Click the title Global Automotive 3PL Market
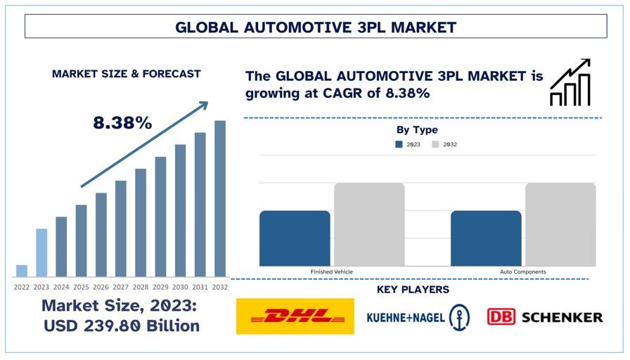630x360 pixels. click(316, 27)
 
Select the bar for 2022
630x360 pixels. click(22, 271)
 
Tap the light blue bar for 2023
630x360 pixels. click(41, 252)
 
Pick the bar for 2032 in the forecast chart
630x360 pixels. click(220, 198)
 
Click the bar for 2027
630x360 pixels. click(121, 229)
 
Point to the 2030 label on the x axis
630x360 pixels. click(181, 287)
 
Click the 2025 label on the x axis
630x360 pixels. click(82, 287)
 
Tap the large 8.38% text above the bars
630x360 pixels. click(122, 123)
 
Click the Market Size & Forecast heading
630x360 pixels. click(127, 74)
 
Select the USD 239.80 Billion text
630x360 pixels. click(120, 326)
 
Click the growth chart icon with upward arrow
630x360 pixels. click(570, 83)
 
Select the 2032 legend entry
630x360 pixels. click(444, 145)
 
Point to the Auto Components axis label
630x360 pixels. click(523, 271)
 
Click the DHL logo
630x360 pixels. click(295, 316)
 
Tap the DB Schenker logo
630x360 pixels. click(545, 317)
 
